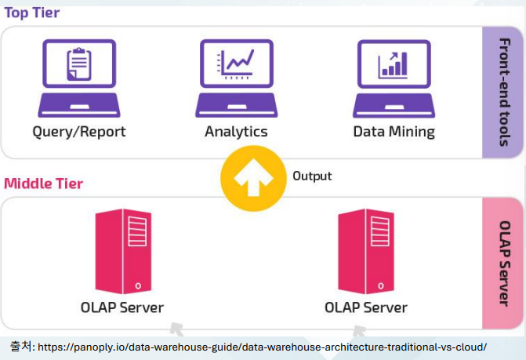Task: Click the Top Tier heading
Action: pyautogui.click(x=31, y=13)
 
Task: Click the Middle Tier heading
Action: pyautogui.click(x=43, y=184)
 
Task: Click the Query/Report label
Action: pyautogui.click(x=78, y=132)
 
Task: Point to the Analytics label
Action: pyautogui.click(x=236, y=132)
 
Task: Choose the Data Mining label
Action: pyautogui.click(x=394, y=132)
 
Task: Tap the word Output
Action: pyautogui.click(x=312, y=176)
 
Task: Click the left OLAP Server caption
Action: pyautogui.click(x=122, y=307)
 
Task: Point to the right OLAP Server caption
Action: pyautogui.click(x=366, y=307)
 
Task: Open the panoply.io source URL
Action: pyautogui.click(x=262, y=347)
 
